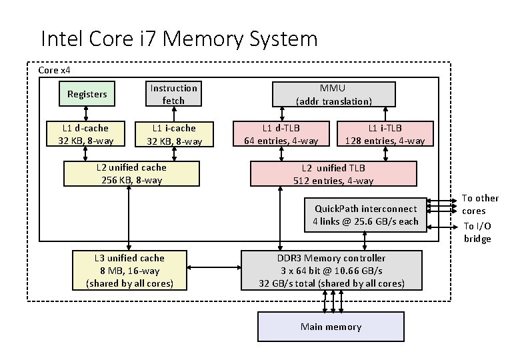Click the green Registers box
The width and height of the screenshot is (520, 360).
click(87, 94)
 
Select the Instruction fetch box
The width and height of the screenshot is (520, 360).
click(173, 94)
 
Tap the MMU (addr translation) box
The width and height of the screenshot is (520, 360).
click(333, 94)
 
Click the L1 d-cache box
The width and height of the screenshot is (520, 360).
click(85, 133)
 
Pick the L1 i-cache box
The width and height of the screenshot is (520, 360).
click(173, 133)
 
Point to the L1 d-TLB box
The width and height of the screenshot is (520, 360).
click(281, 133)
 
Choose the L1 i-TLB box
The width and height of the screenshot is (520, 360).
click(385, 133)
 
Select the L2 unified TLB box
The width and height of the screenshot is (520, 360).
click(333, 173)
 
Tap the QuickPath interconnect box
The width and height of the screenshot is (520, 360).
click(365, 215)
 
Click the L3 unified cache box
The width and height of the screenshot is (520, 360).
click(129, 270)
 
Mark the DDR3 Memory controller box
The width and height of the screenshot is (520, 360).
click(331, 270)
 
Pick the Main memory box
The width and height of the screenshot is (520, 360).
click(331, 327)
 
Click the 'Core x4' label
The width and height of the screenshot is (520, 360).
click(55, 70)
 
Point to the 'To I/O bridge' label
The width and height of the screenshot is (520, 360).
click(477, 233)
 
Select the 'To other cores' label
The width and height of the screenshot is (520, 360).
click(480, 204)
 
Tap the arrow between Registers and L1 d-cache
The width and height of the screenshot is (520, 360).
click(86, 113)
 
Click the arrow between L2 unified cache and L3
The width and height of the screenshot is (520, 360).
click(129, 217)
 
